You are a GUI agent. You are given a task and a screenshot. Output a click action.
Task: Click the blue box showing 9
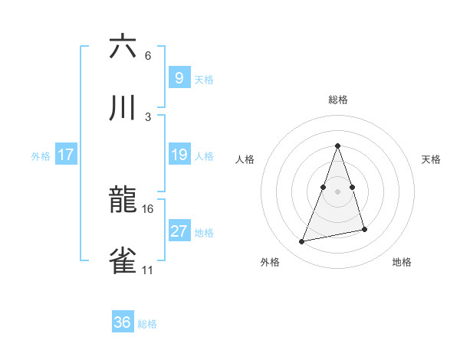(179, 77)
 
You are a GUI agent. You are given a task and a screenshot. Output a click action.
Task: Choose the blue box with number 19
(179, 155)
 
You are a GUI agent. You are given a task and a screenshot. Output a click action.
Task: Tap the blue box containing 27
(179, 231)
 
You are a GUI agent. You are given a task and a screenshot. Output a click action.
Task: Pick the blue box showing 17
(66, 155)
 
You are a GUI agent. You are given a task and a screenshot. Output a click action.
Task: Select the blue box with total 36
(123, 322)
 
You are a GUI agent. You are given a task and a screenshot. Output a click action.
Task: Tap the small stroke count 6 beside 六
(147, 55)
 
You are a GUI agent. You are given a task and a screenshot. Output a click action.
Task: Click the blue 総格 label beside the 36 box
(147, 324)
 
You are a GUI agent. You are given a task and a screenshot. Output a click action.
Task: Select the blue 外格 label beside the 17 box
(41, 156)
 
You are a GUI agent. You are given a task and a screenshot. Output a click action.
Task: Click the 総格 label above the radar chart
(338, 100)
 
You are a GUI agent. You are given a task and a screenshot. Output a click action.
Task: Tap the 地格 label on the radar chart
(402, 262)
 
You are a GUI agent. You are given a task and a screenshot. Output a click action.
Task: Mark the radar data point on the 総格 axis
(338, 146)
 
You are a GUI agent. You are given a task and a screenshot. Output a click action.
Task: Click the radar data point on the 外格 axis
(302, 242)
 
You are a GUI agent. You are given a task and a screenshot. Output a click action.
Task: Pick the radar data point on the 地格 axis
(364, 230)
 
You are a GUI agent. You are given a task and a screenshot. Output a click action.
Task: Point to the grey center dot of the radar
(338, 191)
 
